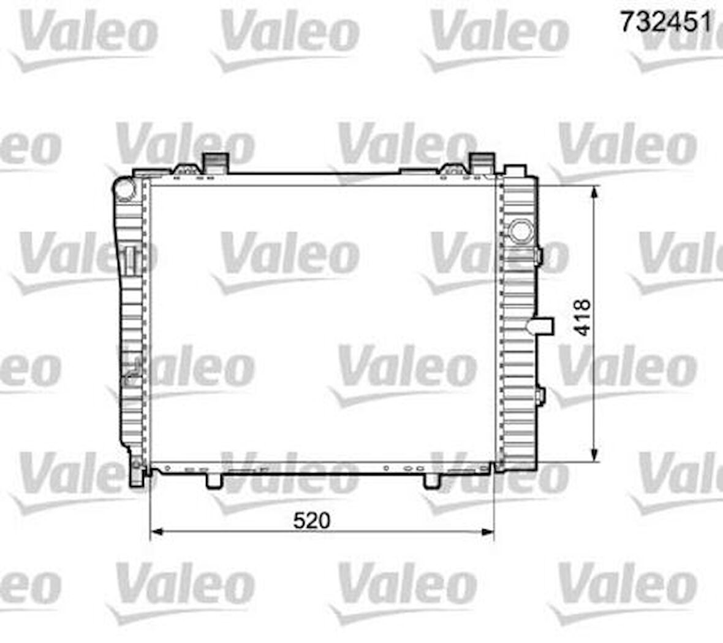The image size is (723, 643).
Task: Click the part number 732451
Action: [667, 23]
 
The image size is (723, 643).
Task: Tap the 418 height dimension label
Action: [582, 317]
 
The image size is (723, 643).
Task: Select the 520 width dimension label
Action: [311, 521]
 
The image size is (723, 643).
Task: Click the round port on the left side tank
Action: [125, 190]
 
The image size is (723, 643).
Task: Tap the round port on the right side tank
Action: [521, 231]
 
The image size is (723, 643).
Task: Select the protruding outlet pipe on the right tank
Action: [542, 325]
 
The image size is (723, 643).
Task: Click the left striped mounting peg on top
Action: [215, 163]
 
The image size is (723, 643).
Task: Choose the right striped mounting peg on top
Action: [482, 163]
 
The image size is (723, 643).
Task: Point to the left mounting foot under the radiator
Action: [214, 480]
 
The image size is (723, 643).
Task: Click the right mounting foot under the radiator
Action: [432, 480]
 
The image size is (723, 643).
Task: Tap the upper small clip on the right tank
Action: [539, 255]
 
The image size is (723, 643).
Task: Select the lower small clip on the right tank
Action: [539, 396]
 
